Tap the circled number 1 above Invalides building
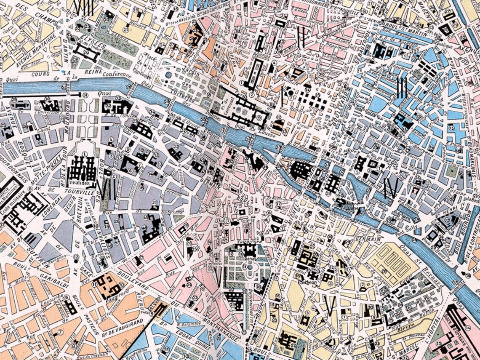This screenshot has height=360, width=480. tap(84, 154)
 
